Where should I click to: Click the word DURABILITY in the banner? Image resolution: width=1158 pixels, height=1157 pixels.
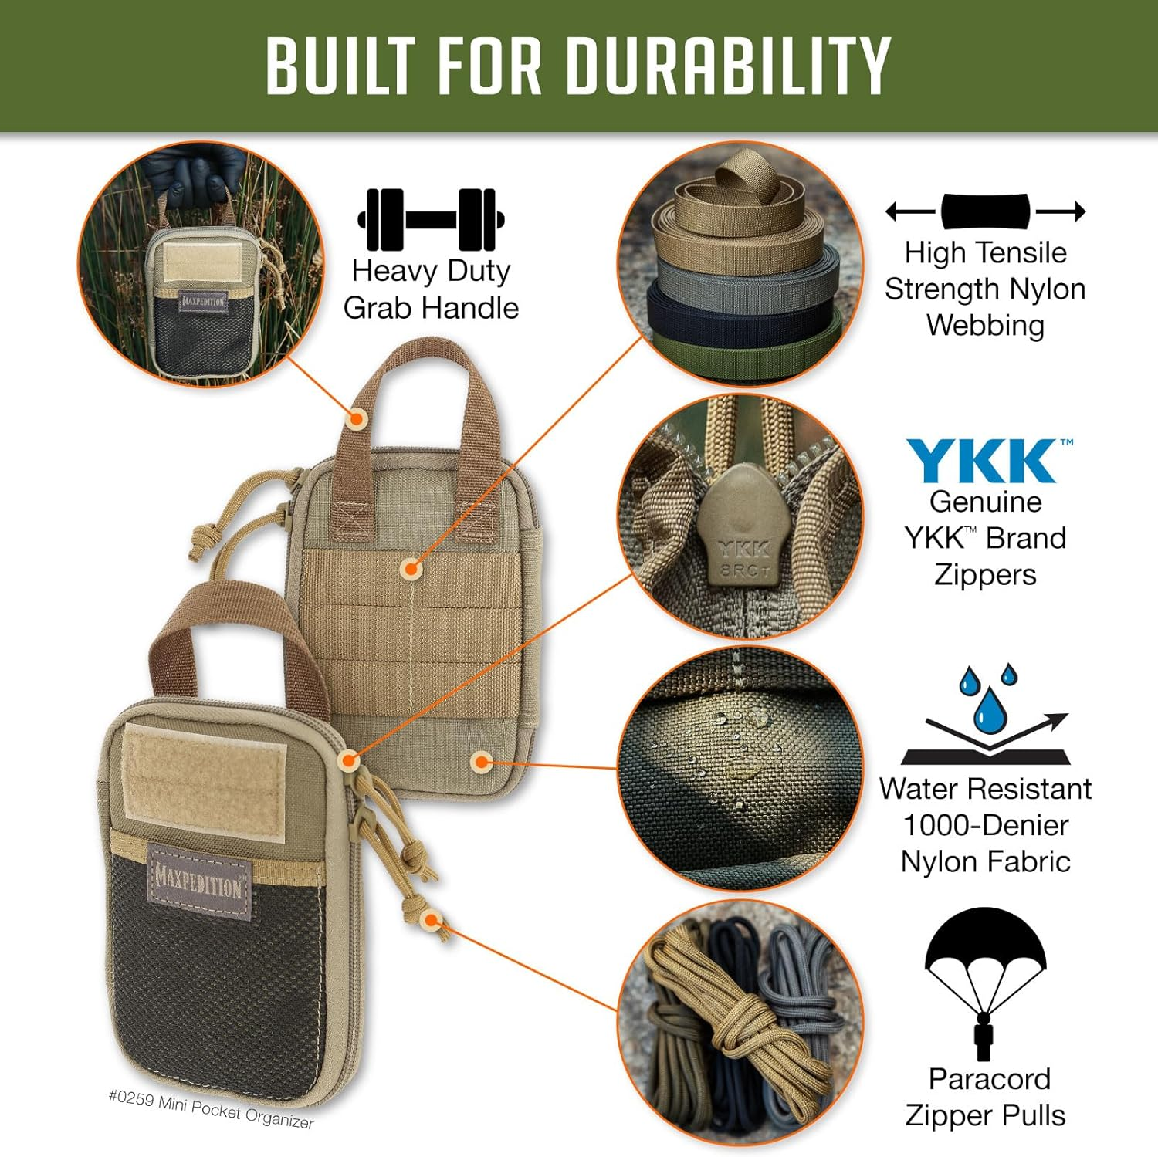tap(729, 66)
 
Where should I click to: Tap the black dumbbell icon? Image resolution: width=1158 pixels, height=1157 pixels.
tap(431, 219)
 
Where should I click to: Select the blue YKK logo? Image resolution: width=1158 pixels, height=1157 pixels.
tap(982, 461)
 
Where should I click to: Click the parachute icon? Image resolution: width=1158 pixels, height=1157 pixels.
tap(985, 980)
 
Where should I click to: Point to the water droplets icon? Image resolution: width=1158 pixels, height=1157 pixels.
tap(987, 699)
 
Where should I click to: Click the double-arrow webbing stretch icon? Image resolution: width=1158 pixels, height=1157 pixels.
tap(985, 211)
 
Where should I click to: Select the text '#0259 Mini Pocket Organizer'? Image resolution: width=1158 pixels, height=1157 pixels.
tap(211, 1109)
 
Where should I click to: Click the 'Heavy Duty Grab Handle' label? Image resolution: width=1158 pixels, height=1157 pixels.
tap(431, 289)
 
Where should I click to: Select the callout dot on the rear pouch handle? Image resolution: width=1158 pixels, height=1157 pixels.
tap(356, 419)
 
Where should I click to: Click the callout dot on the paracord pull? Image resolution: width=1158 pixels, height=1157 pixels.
tap(432, 919)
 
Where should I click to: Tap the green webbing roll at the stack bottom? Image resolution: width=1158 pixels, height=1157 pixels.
tap(741, 347)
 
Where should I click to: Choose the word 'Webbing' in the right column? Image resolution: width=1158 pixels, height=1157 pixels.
tap(985, 325)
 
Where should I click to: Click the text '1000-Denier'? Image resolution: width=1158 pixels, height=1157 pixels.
tap(985, 825)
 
